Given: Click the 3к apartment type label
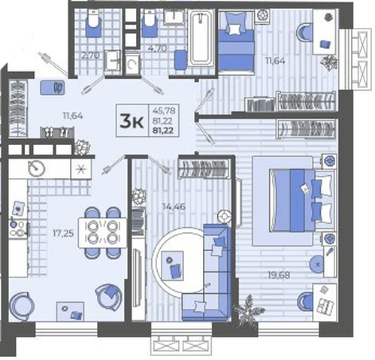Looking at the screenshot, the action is click(132, 120).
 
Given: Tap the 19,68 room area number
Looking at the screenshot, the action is click(279, 275).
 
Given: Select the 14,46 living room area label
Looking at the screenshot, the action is click(174, 207).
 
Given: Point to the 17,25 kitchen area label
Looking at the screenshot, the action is click(63, 234).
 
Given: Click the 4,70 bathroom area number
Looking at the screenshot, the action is click(157, 48).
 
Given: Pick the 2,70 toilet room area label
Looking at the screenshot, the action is click(91, 56).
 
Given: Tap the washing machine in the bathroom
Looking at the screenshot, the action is click(132, 65).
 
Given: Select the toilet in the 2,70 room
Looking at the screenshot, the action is click(93, 23).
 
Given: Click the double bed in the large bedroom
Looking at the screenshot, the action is click(302, 201).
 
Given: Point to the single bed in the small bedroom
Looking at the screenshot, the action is click(236, 41).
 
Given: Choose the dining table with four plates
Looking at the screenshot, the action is click(102, 233).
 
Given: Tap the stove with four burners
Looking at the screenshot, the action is click(18, 228).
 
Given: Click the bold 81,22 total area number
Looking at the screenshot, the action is click(164, 131).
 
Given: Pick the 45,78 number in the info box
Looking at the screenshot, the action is click(164, 110).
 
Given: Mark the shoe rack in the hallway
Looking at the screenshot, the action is click(57, 132).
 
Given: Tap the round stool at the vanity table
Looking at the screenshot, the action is click(316, 265).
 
